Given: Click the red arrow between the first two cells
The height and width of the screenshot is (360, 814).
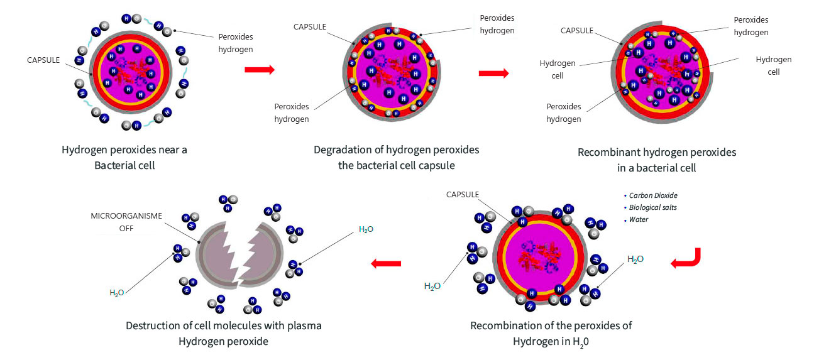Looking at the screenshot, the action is tap(260, 69).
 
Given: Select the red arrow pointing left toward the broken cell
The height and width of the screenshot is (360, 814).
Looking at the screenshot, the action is tap(386, 263).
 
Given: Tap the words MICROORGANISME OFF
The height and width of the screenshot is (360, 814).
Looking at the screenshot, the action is tap(126, 222).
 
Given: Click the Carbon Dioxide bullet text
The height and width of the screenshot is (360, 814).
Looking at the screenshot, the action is tap(653, 195).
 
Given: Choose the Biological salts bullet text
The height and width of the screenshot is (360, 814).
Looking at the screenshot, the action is tap(652, 207).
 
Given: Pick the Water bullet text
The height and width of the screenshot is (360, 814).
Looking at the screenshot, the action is tap(639, 219).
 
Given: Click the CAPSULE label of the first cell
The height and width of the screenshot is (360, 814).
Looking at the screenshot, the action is tap(43, 60).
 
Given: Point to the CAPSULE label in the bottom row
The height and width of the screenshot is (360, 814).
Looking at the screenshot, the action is tap(462, 195).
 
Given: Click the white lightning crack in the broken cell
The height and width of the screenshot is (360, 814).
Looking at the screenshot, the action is tap(240, 254).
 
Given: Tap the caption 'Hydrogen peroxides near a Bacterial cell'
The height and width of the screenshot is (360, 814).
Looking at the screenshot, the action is tap(124, 158).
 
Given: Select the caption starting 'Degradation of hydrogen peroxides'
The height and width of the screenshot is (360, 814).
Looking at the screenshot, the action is tap(397, 158).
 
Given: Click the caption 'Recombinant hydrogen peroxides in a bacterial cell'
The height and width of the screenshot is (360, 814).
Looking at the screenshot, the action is tap(657, 160).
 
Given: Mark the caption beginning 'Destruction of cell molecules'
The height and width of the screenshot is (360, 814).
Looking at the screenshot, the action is tap(224, 334).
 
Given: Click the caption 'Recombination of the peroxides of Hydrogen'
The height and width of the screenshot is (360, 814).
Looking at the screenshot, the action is tap(551, 334).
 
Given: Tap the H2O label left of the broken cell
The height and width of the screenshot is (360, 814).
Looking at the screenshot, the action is tap(117, 293).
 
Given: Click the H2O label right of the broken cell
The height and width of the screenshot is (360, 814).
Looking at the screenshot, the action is tap(366, 229).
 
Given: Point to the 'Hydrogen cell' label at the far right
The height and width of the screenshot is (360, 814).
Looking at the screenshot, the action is tap(774, 66).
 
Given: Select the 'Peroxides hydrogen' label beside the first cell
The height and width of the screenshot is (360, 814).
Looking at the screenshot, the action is tap(236, 43).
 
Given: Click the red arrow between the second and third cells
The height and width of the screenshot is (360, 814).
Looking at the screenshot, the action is tap(494, 74).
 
